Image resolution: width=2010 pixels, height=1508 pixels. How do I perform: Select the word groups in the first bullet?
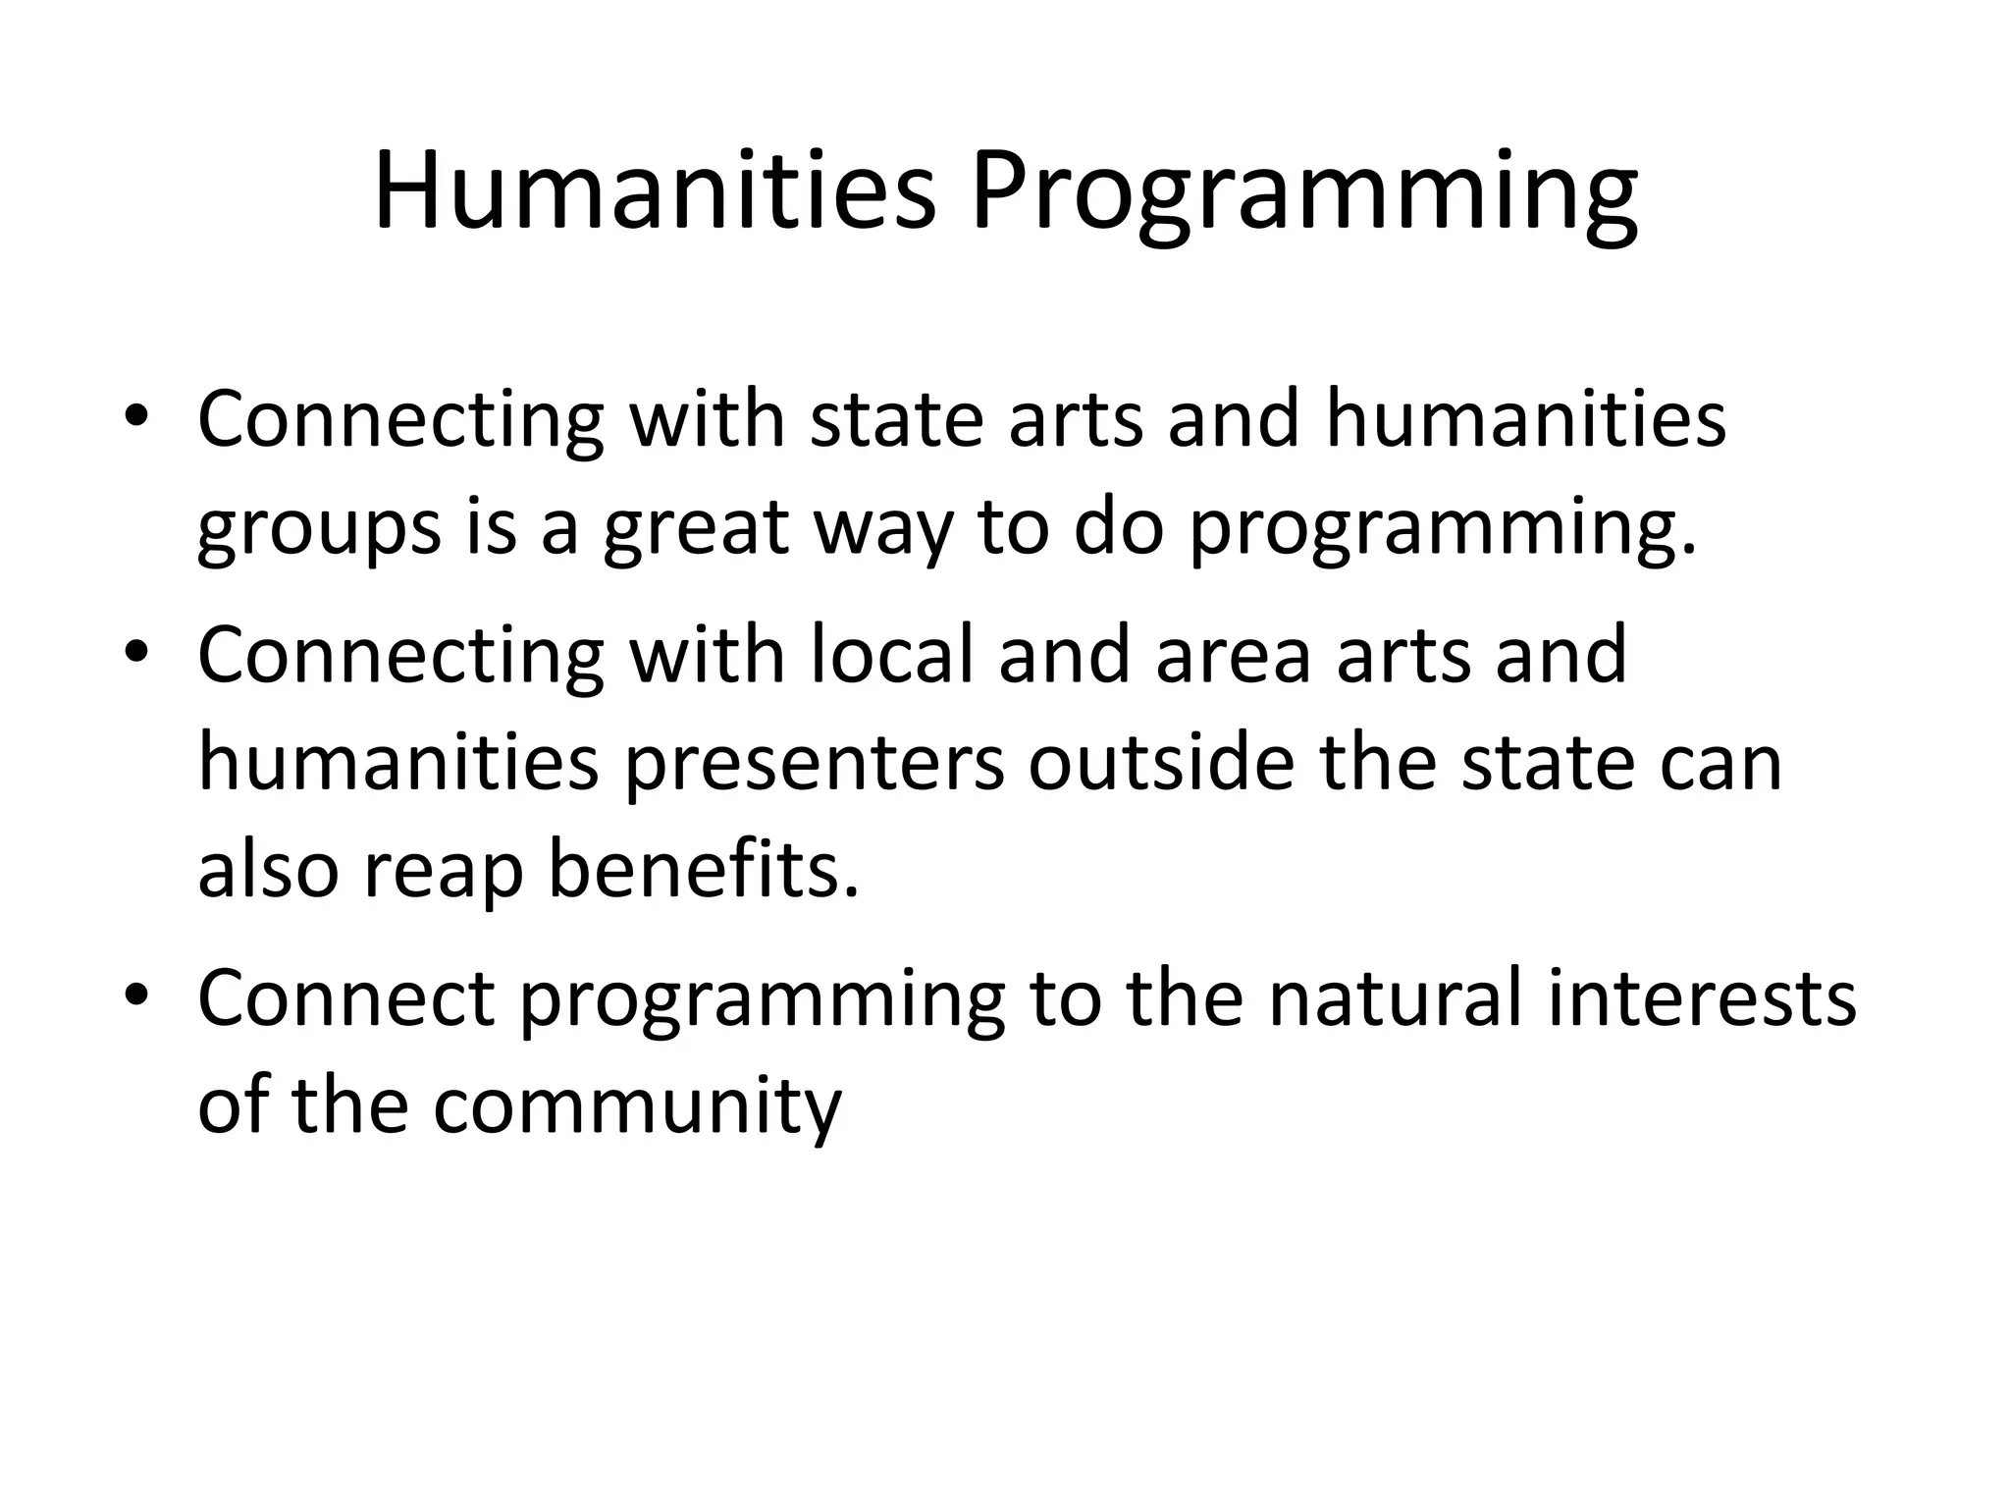319,528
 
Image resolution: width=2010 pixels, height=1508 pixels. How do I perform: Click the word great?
697,528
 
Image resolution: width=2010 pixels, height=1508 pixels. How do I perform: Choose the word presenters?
814,762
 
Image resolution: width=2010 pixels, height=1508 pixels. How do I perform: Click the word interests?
1701,997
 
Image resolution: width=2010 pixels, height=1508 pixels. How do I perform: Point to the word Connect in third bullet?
345,997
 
